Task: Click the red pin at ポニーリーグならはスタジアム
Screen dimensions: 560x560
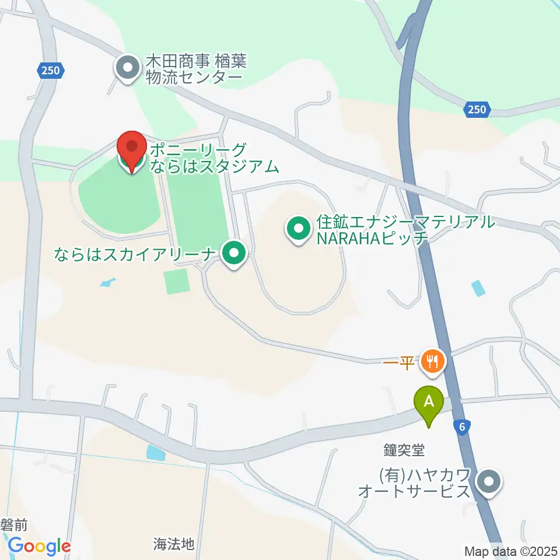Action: (x=132, y=150)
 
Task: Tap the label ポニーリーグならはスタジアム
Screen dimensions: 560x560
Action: (x=213, y=158)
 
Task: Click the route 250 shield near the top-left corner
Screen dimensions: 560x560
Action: (x=50, y=71)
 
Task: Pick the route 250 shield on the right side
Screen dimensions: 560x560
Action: (x=478, y=109)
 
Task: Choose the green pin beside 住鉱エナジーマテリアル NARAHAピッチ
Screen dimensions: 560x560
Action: (x=299, y=229)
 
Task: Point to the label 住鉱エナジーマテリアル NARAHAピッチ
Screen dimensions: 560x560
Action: (x=405, y=229)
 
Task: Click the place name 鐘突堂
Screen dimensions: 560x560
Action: (x=402, y=450)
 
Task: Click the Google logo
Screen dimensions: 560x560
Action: (x=39, y=547)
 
